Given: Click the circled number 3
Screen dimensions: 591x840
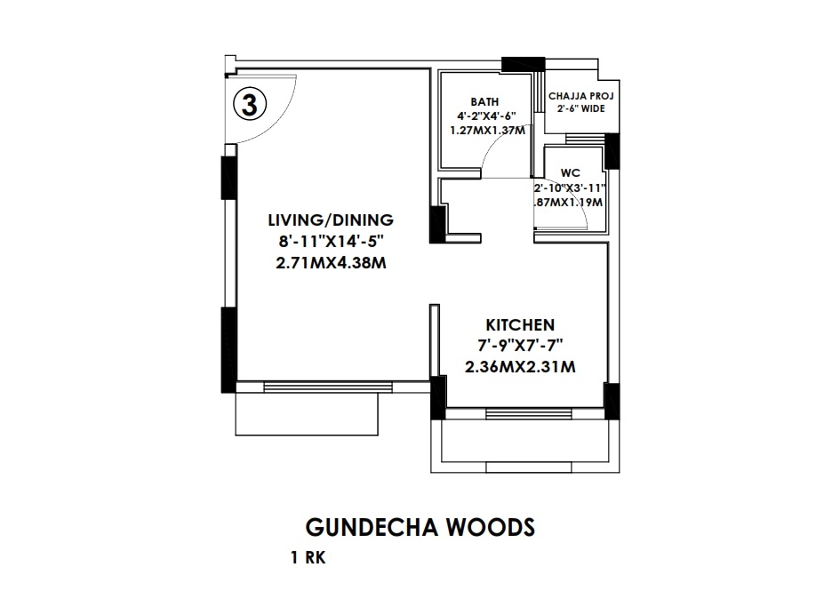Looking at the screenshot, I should (250, 104).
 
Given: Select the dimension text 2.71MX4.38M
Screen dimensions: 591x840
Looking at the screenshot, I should (331, 263).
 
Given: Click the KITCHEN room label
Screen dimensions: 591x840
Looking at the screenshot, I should (520, 324).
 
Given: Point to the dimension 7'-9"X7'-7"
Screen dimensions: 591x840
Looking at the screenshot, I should (520, 345).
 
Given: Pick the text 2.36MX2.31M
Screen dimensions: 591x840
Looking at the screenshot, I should (520, 366).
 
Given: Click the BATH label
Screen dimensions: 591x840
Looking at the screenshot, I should (484, 102).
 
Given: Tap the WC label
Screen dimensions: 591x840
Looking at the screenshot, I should (570, 173).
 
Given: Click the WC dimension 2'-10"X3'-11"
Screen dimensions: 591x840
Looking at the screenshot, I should (570, 188).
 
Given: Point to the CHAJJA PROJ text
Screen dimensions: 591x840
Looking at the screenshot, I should (581, 95).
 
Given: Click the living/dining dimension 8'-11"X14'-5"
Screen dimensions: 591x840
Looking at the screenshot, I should (331, 242).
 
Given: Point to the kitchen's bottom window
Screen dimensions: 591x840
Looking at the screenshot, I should (524, 412).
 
